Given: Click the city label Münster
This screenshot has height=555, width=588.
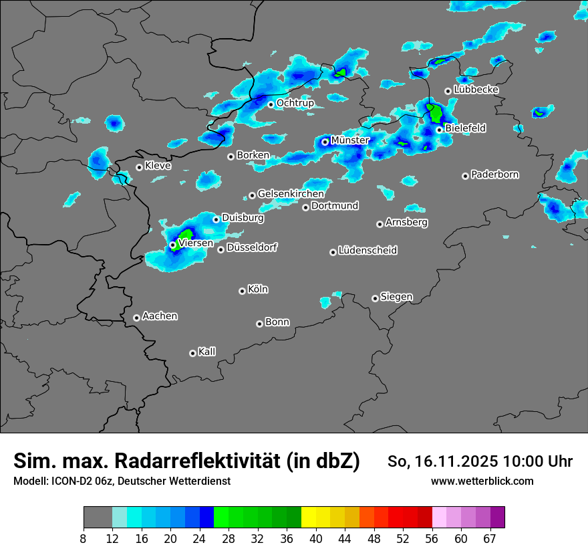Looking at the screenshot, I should pos(350,140).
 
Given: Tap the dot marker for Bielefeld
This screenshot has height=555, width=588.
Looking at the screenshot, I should pos(440,130).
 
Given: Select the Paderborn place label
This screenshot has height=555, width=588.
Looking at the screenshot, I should pos(495,175).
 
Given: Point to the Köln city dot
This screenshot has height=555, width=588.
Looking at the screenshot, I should pos(242,291).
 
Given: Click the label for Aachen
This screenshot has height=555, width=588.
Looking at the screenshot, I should pos(160,316).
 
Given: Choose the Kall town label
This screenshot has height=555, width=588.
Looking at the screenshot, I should pos(207,352).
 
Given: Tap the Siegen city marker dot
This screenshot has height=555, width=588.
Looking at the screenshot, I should pos(375,298).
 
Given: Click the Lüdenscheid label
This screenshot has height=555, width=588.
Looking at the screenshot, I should pos(367,251).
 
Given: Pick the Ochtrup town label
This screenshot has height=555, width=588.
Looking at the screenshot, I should pos(295,103).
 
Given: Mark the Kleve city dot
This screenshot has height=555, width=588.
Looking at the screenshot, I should pos(139,167).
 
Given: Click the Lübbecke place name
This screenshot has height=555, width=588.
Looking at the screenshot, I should pos(476,90).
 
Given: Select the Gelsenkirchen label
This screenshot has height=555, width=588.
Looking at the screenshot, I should pos(291,194).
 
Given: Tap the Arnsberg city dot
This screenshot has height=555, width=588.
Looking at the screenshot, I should pos(380,224).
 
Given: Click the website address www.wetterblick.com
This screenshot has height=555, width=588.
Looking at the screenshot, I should pos(482,481).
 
